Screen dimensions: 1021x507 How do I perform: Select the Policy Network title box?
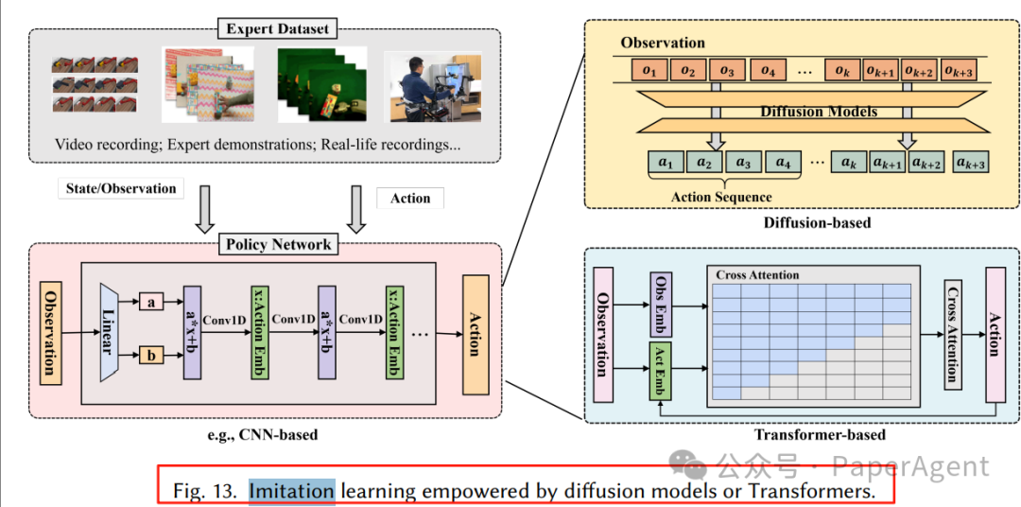pyautogui.click(x=278, y=245)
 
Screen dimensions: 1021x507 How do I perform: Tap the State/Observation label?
pyautogui.click(x=121, y=188)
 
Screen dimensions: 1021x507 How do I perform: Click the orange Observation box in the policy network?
pyautogui.click(x=51, y=332)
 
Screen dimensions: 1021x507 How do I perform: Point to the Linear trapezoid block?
pyautogui.click(x=110, y=332)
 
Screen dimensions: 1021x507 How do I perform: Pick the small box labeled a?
pyautogui.click(x=151, y=302)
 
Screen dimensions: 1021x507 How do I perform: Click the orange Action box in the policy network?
pyautogui.click(x=476, y=335)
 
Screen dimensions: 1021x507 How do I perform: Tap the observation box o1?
pyautogui.click(x=649, y=70)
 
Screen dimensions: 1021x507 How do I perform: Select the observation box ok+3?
pyautogui.click(x=959, y=70)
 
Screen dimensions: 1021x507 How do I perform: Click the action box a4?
pyautogui.click(x=782, y=163)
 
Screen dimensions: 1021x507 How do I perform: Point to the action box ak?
pyautogui.click(x=849, y=163)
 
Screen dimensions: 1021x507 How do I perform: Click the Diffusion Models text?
pyautogui.click(x=819, y=112)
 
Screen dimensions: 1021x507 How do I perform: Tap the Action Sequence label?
pyautogui.click(x=721, y=197)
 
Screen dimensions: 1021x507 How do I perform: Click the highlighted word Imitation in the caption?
pyautogui.click(x=292, y=490)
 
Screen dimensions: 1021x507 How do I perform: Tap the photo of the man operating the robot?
pyautogui.click(x=432, y=87)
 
